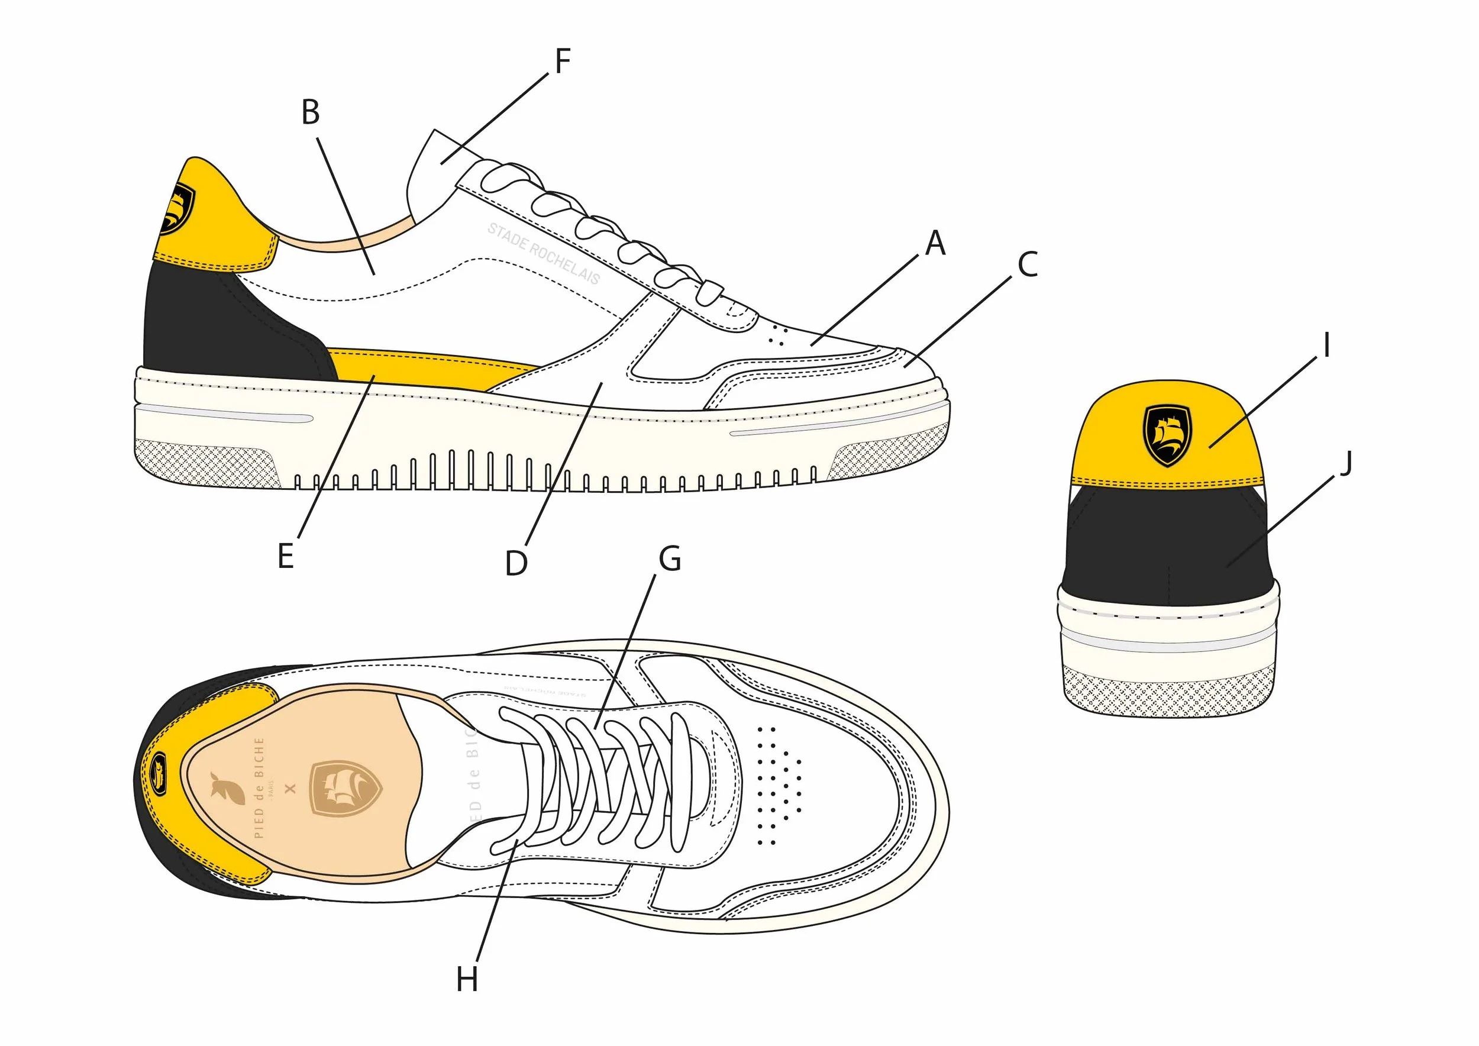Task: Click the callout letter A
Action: click(x=935, y=244)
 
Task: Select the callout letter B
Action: click(x=311, y=113)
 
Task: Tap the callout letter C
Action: click(x=1028, y=264)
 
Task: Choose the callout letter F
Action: click(x=563, y=62)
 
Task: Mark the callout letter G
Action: click(x=670, y=559)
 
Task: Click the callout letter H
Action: click(x=467, y=980)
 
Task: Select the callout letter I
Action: click(x=1326, y=346)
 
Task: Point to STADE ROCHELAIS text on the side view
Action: click(x=543, y=253)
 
